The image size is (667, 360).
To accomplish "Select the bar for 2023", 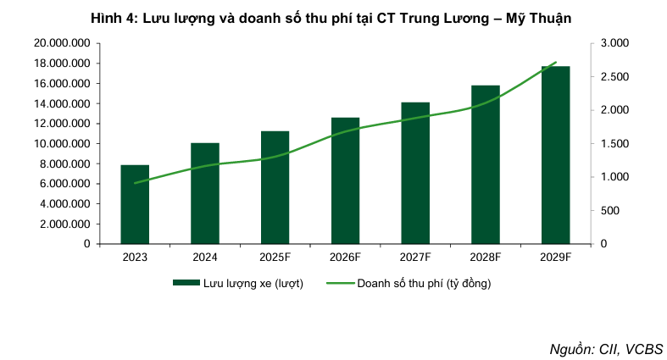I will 135,204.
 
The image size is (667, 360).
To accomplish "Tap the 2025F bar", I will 275,187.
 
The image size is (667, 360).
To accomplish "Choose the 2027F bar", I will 415,173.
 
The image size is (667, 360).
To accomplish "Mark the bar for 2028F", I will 486,164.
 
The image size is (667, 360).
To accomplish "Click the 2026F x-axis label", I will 346,258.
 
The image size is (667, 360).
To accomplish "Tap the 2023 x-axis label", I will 135,258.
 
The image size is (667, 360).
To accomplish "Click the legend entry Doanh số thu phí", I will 424,283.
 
